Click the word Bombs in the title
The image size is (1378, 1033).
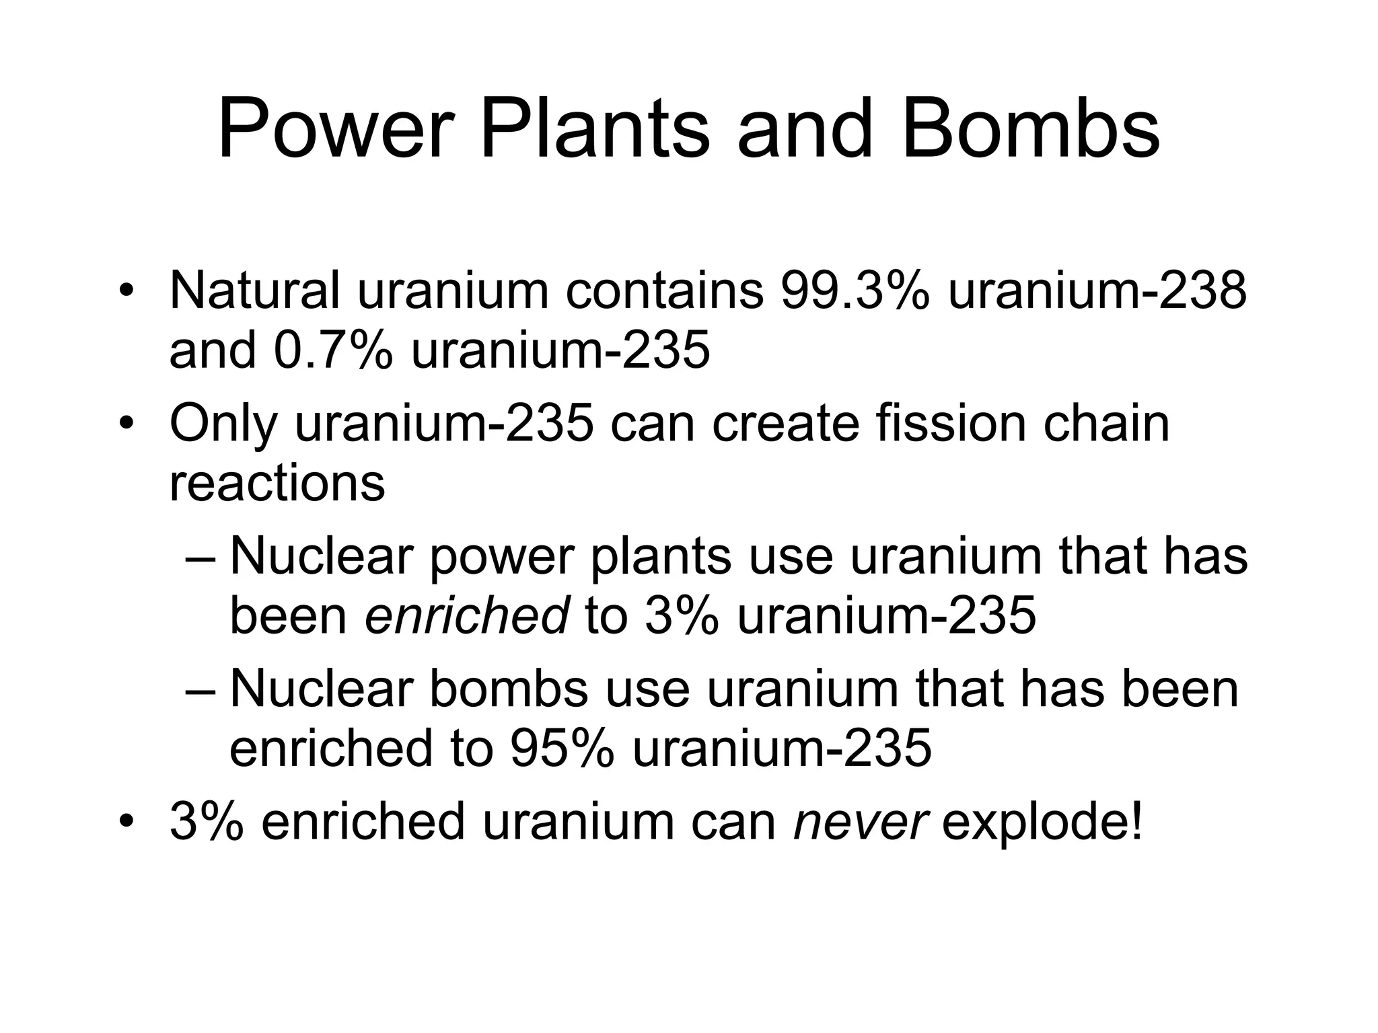click(1030, 129)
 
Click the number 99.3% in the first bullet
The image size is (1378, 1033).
click(855, 291)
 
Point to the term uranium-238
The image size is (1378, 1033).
click(1097, 291)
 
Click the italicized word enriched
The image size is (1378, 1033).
click(467, 615)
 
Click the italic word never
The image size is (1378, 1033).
click(862, 821)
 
